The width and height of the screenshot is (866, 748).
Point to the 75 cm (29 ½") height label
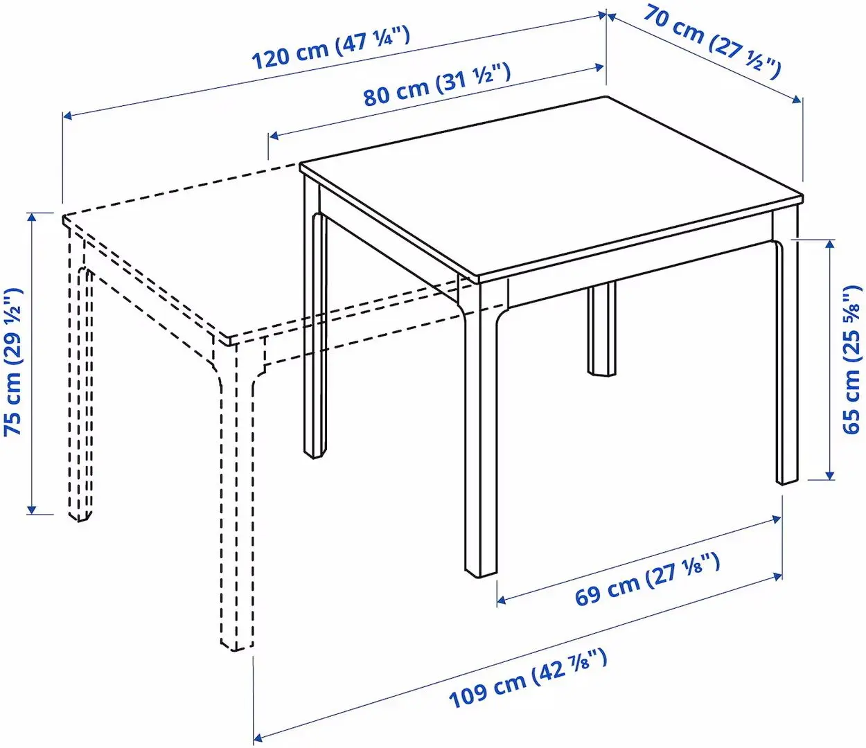(14, 362)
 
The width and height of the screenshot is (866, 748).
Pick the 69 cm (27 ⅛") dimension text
(647, 580)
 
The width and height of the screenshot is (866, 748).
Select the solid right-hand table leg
(787, 360)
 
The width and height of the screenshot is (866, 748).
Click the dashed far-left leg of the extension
(79, 388)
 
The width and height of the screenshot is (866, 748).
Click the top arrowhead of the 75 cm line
(31, 216)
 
